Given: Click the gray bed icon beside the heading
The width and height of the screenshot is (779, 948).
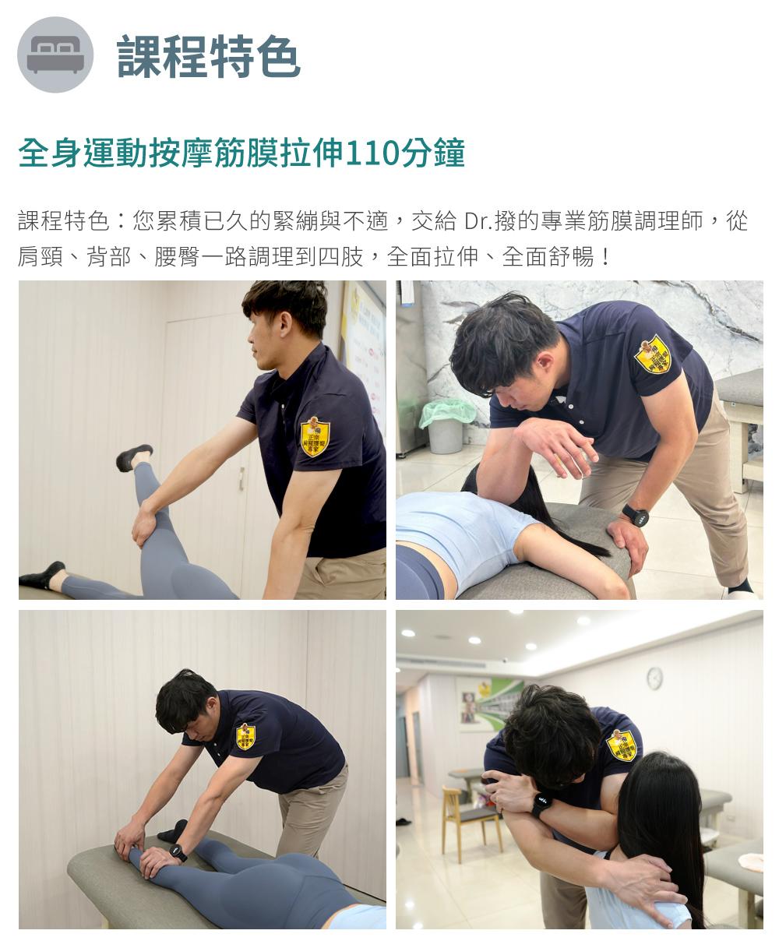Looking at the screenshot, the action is [55, 55].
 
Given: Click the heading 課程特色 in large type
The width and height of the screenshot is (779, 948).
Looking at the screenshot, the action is [208, 56].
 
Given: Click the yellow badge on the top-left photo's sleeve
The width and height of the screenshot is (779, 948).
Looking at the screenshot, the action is [315, 436].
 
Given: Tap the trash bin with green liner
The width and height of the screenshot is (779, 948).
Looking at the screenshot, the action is [447, 425].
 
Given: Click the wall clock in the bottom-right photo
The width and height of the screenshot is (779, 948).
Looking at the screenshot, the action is [654, 678].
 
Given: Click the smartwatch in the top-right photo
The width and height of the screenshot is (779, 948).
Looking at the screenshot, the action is [636, 515].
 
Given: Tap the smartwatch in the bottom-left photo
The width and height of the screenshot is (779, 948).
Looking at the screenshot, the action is [178, 852].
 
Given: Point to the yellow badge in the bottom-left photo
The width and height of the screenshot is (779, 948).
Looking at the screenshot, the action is [245, 736].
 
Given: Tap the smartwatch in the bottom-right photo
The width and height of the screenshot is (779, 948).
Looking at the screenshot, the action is [541, 805].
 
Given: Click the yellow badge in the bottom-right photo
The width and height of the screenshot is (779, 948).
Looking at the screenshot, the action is [622, 745].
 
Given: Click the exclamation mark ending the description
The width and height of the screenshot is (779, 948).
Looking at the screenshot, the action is [605, 257].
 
